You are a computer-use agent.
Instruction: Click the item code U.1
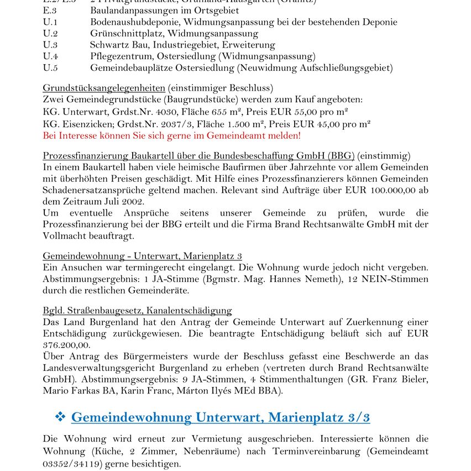(x=50, y=22)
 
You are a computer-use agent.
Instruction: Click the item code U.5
(x=50, y=68)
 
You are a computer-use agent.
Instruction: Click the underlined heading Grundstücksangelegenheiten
(x=104, y=88)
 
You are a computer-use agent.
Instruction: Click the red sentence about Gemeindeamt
(x=171, y=135)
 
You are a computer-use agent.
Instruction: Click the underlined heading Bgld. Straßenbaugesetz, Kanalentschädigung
(x=137, y=311)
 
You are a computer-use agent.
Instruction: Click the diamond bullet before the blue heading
(x=60, y=417)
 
